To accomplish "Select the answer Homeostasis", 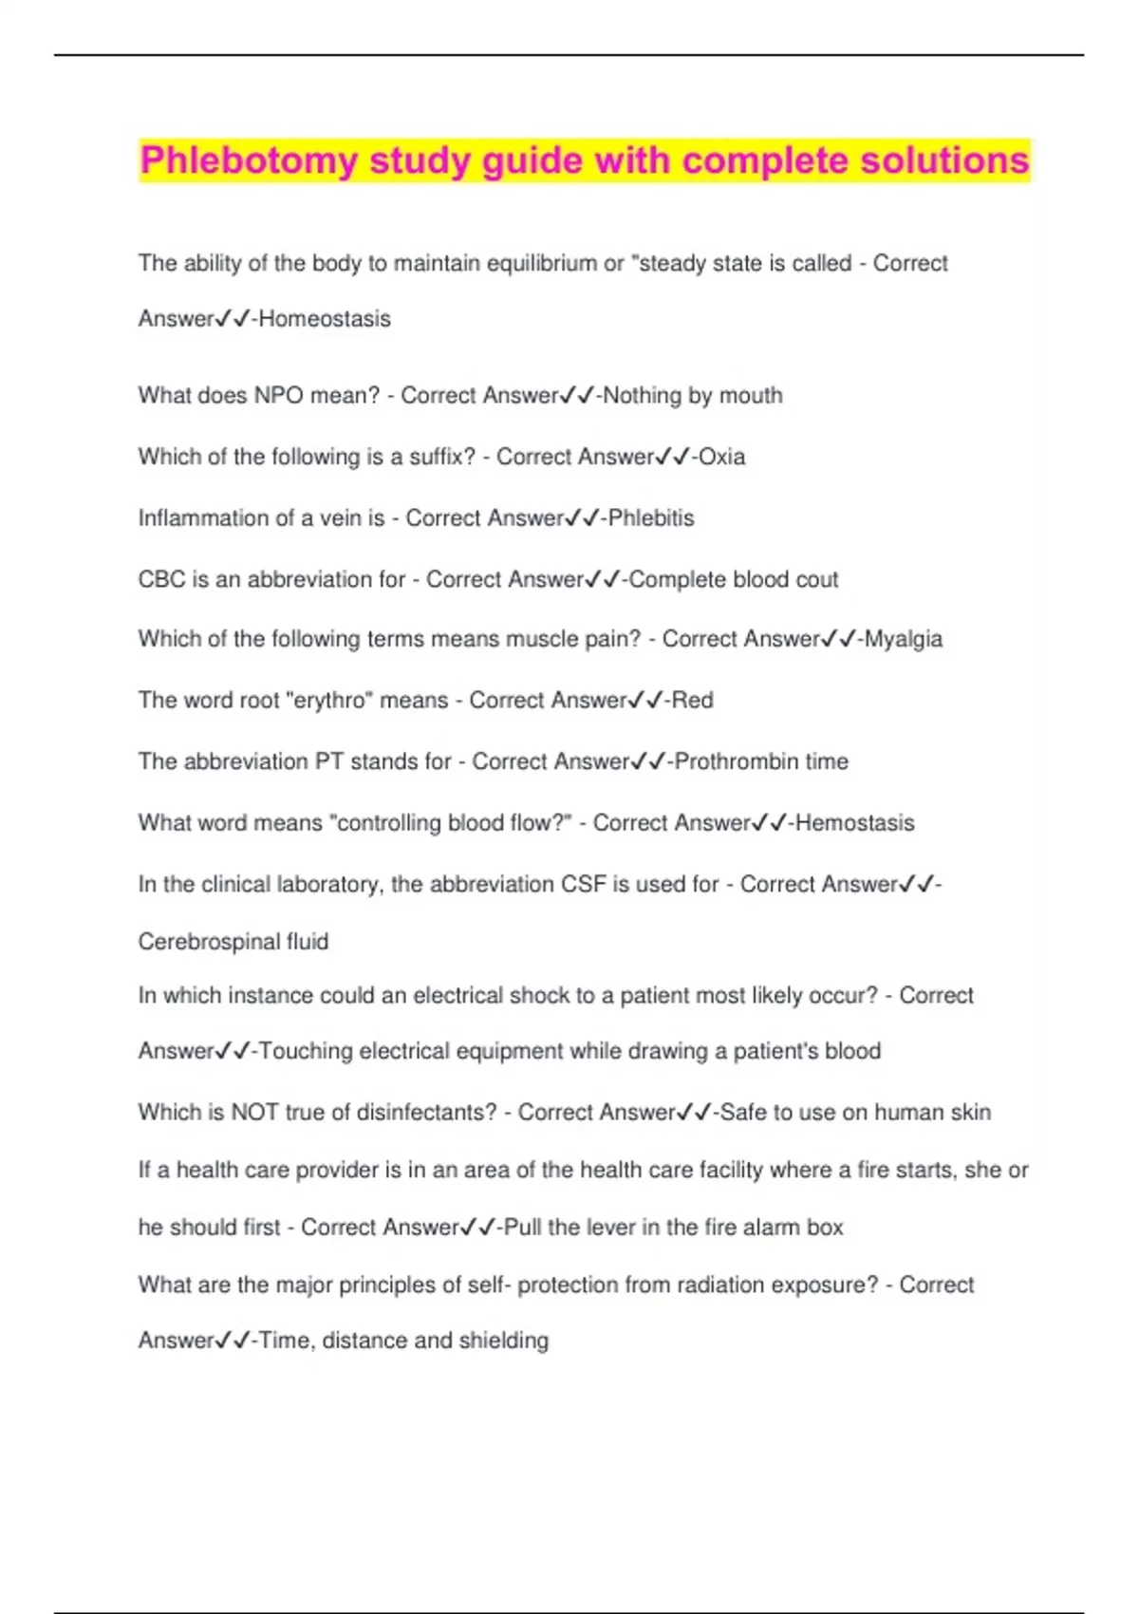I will tap(325, 319).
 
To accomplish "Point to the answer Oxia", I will tap(722, 458).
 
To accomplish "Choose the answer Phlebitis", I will tap(651, 518).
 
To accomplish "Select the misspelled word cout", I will tap(817, 579).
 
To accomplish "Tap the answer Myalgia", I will tap(903, 639).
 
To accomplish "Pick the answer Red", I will tap(693, 701).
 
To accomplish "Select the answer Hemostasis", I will tap(855, 823).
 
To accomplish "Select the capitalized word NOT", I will tap(254, 1113).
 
